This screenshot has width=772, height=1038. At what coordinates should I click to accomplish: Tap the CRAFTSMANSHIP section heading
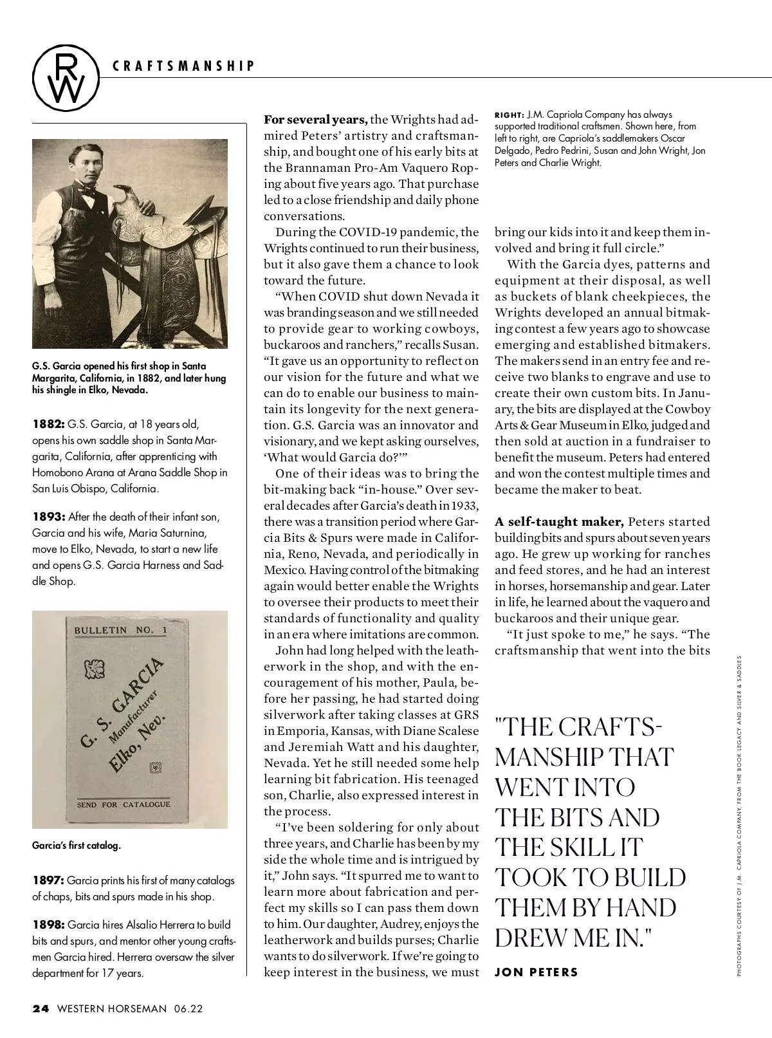coord(183,66)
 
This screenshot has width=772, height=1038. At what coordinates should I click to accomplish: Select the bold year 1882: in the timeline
coord(48,424)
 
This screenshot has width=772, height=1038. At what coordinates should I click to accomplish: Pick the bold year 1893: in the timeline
coord(48,517)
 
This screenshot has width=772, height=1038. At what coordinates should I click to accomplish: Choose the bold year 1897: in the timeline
coord(48,880)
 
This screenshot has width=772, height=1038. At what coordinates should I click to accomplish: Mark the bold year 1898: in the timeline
coord(48,925)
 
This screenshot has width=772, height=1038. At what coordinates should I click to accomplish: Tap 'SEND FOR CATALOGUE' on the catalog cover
coord(124,804)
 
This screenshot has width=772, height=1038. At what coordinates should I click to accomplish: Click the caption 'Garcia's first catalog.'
coord(77,846)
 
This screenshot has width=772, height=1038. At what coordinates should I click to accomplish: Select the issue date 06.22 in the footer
coord(188,1008)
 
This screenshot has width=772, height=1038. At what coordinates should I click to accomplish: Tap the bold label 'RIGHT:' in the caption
coord(509,115)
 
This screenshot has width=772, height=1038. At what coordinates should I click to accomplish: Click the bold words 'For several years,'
coord(316,120)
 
